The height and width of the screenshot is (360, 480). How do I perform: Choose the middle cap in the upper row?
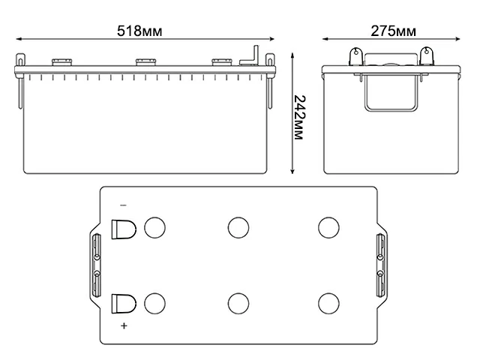(x=238, y=228)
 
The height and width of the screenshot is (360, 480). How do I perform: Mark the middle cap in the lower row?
(x=238, y=303)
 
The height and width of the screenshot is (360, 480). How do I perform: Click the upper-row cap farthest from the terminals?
(x=328, y=228)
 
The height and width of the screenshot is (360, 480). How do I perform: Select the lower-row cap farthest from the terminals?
(x=328, y=303)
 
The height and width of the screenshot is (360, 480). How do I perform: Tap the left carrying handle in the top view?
(x=96, y=265)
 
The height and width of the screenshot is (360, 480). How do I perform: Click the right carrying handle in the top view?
(x=379, y=265)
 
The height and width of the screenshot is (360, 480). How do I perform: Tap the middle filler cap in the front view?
(x=144, y=62)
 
